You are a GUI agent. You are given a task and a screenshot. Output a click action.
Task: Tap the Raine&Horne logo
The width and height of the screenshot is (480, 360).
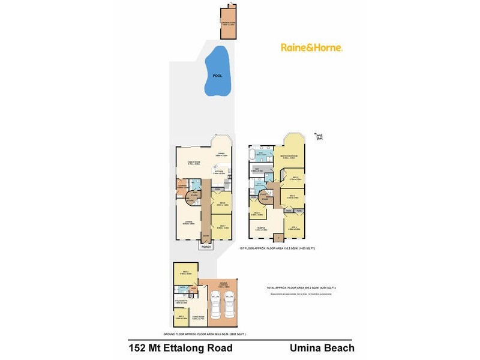[x=311, y=47]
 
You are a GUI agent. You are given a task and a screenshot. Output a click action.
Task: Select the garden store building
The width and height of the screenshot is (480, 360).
[x=229, y=24]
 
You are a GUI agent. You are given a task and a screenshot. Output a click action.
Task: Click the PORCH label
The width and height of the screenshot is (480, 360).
[x=206, y=247]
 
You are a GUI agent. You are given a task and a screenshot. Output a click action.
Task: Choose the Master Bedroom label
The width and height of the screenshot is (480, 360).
[x=289, y=157]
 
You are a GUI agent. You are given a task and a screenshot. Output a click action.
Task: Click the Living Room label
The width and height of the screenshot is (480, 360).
[x=197, y=318]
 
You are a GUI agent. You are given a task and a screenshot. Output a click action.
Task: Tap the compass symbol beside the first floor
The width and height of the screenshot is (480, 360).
[x=319, y=136]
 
